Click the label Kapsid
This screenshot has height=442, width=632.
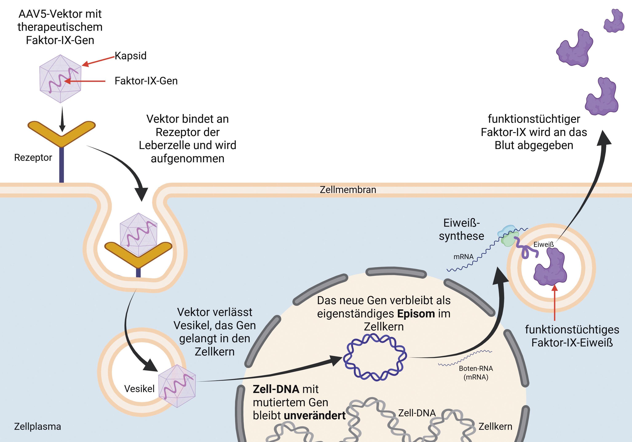[x=130, y=56]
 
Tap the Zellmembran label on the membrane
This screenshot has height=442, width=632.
[x=348, y=190]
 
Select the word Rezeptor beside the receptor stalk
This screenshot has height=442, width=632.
[x=33, y=158]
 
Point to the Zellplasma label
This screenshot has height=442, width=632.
[x=37, y=426]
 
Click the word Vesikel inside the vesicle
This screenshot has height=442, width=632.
[x=139, y=389]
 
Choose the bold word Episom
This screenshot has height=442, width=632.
[x=416, y=314]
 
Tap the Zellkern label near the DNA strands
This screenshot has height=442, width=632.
[x=495, y=426]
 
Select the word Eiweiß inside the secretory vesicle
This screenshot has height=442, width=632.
[x=543, y=245]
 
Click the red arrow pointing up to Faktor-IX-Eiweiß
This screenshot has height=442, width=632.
[x=554, y=302]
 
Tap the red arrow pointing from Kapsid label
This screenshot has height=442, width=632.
[x=98, y=61]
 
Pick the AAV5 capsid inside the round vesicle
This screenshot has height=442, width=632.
[x=177, y=386]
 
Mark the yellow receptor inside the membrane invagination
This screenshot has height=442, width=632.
[x=138, y=253]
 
